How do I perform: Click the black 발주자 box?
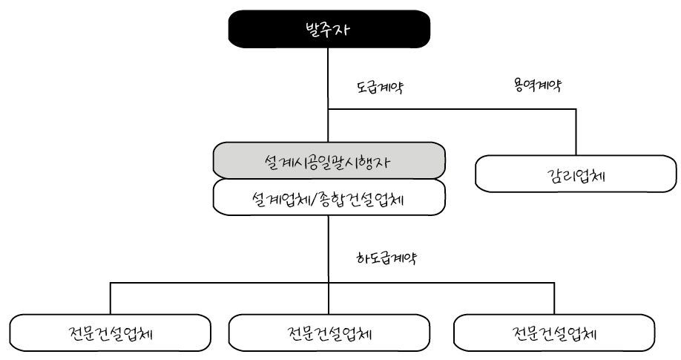[329, 30]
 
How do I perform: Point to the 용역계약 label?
[536, 85]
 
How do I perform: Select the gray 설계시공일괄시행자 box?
[329, 160]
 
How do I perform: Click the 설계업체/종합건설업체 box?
[329, 198]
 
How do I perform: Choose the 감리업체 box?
[576, 176]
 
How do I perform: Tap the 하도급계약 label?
[388, 258]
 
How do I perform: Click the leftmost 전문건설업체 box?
[109, 331]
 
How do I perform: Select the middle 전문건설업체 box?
[329, 331]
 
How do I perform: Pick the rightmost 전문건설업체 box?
[554, 331]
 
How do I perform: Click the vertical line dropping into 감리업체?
[576, 132]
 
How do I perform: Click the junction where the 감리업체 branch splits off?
[328, 110]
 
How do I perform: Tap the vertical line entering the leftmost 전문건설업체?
[110, 298]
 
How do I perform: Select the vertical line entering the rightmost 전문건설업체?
[554, 298]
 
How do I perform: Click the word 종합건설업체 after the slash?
[371, 198]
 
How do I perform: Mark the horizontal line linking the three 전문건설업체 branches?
[223, 282]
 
